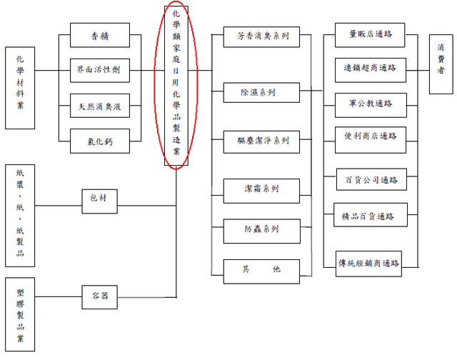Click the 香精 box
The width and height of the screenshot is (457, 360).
click(x=100, y=35)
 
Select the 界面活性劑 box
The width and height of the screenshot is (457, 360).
click(x=100, y=71)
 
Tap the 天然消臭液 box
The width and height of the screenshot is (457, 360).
click(x=100, y=106)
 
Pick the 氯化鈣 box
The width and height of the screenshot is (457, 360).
click(x=100, y=141)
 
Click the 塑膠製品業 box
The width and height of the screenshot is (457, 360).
click(x=19, y=314)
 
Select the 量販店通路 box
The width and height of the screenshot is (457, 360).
click(x=370, y=34)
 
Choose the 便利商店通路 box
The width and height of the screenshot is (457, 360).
click(x=370, y=136)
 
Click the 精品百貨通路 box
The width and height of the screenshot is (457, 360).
click(x=370, y=216)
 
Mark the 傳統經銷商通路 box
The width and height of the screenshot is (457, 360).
click(x=370, y=264)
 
